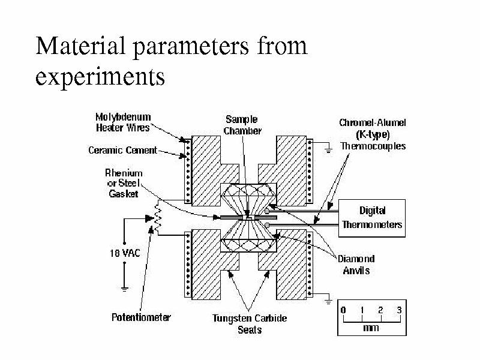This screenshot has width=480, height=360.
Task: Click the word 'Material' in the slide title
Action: coord(80,46)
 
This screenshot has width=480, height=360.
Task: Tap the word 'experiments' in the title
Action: coord(100,77)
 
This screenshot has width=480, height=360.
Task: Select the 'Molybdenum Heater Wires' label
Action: coord(123,122)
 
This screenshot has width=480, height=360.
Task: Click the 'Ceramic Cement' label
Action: coord(122,151)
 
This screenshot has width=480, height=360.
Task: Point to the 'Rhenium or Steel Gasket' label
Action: coord(124,184)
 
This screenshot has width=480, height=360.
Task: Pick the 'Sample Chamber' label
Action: coord(242,125)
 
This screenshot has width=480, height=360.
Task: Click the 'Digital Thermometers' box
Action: coord(372,218)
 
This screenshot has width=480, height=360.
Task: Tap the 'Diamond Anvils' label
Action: coord(356,265)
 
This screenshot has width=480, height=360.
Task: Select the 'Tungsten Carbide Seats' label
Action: coord(250,324)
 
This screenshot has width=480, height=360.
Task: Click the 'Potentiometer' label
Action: coord(141,317)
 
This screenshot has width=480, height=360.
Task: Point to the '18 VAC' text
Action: coord(125,253)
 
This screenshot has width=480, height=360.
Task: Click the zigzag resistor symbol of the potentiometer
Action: coord(158,218)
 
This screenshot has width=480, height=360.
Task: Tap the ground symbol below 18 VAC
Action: coord(124,289)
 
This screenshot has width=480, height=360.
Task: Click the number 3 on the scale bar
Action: coord(399,310)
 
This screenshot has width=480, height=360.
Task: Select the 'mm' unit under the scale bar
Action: coord(371,328)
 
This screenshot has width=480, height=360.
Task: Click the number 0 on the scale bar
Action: coord(343,310)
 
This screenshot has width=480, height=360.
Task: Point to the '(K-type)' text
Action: coord(373,134)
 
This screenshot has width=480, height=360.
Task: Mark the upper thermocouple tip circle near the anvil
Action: coord(267,211)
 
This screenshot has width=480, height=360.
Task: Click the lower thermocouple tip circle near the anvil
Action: coord(267,226)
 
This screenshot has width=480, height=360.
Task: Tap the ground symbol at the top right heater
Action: coord(328,151)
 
